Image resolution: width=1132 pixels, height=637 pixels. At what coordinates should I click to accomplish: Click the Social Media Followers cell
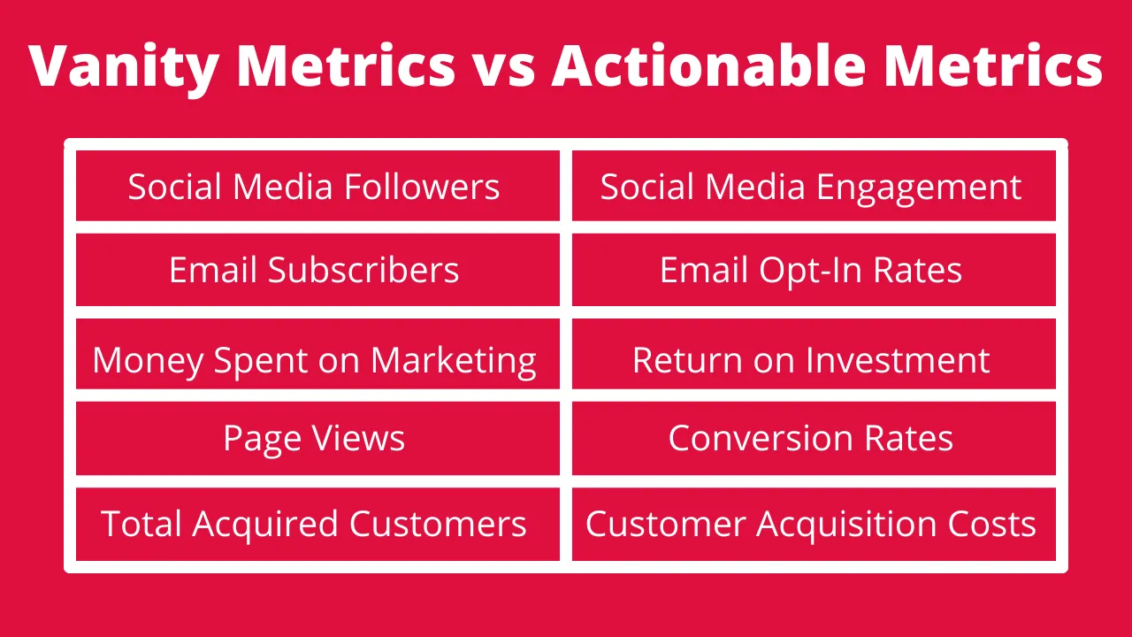(317, 186)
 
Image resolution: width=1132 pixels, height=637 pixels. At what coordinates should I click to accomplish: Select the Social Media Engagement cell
(814, 186)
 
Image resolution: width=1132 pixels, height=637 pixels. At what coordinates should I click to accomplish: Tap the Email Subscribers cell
(317, 270)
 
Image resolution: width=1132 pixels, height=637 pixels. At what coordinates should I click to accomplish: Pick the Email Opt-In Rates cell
(814, 270)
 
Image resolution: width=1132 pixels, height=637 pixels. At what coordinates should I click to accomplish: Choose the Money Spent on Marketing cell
(317, 353)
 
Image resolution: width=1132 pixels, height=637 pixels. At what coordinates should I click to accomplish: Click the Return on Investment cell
(814, 353)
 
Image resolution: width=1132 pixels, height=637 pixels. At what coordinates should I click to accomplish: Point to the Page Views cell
(317, 438)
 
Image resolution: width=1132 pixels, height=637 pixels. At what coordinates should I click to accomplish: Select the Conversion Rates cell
(814, 438)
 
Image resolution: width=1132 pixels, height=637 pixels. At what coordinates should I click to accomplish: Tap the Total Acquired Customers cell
(317, 524)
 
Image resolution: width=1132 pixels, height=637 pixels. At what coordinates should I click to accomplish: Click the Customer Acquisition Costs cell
(814, 524)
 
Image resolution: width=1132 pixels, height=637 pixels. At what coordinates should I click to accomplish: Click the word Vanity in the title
(124, 68)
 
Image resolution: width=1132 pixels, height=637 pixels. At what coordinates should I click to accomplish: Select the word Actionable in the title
(709, 65)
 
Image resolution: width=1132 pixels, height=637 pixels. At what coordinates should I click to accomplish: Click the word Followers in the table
(422, 186)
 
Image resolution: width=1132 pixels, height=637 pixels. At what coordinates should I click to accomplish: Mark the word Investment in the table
(897, 360)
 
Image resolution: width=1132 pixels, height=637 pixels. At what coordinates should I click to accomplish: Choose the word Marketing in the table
(454, 362)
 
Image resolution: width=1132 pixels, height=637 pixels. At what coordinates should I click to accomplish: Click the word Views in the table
(358, 438)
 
